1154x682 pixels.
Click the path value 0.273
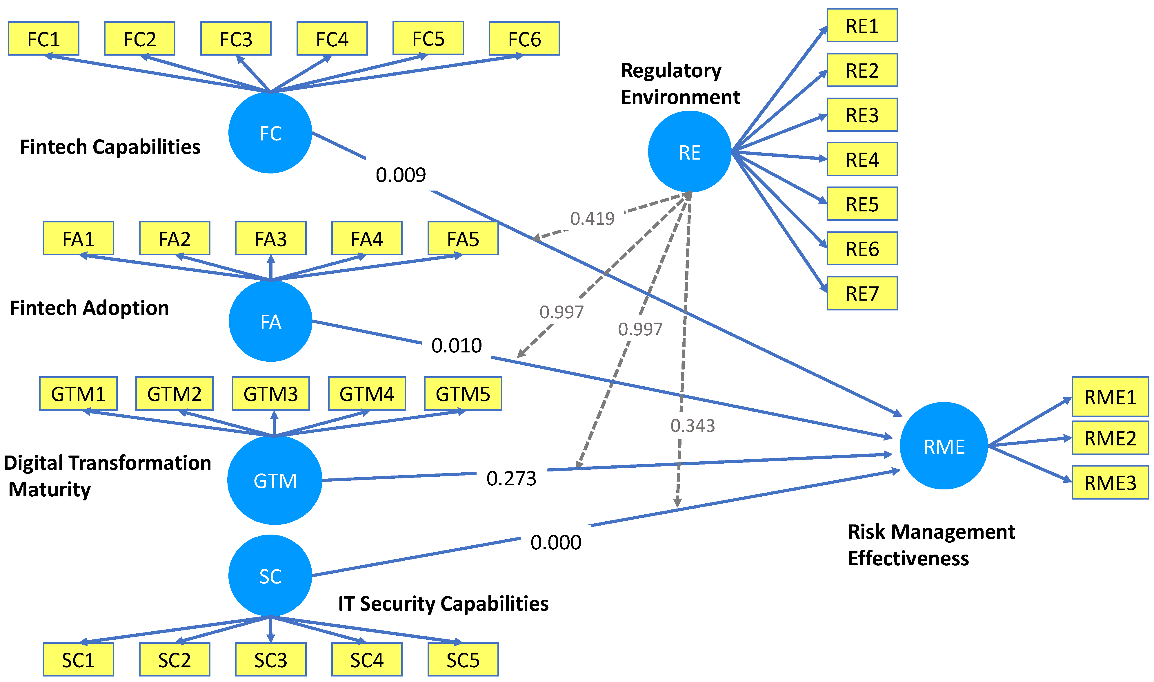click(511, 478)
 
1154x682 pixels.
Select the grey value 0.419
click(592, 218)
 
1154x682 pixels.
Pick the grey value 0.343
click(692, 425)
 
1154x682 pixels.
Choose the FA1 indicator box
click(78, 239)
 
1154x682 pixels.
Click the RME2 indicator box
click(1110, 438)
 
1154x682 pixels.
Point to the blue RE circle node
click(689, 152)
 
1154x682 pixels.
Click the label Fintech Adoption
click(89, 308)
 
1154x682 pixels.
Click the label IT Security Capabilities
click(443, 604)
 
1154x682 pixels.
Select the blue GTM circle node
click(275, 480)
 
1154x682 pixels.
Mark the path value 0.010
click(456, 345)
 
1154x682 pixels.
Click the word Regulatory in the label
click(670, 70)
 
